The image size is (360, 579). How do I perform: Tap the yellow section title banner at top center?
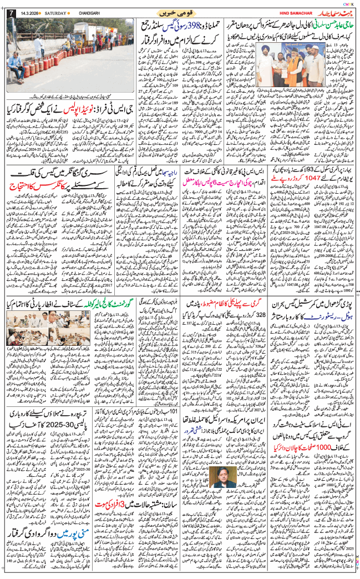[180, 12]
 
